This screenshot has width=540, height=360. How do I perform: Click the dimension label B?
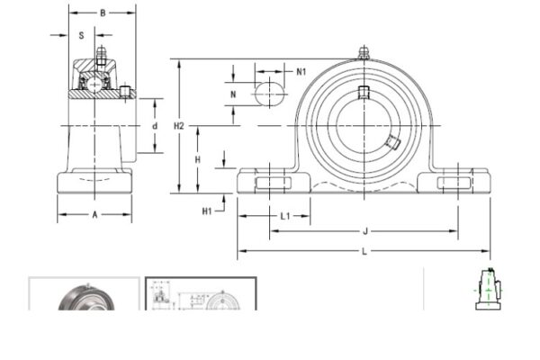pos(103,13)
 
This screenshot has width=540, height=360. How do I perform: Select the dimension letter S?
pos(82,36)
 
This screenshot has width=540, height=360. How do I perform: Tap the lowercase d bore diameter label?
pos(154,126)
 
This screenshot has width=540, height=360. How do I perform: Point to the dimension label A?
pos(94,214)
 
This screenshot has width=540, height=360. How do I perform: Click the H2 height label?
pos(179,126)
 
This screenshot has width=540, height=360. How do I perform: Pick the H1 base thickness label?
pos(207,211)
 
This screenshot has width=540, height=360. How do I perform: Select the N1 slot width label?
pos(301,71)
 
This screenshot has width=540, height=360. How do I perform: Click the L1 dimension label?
pos(284,216)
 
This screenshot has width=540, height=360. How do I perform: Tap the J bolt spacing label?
pos(365,231)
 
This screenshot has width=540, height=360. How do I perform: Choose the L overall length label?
pos(364,251)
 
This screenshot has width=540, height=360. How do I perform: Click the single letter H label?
pos(198,158)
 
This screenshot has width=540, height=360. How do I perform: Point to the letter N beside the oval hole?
pos(233,94)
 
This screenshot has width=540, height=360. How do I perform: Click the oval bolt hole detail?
pos(267,93)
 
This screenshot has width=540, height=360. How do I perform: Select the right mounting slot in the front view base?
pos(454,184)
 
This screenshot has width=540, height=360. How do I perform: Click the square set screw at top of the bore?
pos(364,92)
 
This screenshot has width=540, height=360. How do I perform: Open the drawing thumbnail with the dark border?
pos(201,294)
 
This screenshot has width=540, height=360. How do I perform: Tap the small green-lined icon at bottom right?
pos(485,290)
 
